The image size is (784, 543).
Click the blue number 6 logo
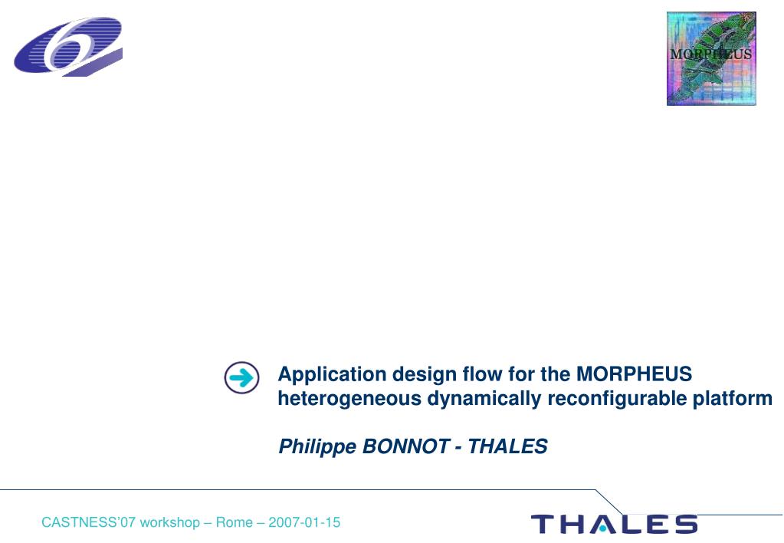(x=68, y=47)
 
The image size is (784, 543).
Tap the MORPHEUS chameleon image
(x=711, y=58)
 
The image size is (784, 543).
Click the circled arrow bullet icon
(x=242, y=377)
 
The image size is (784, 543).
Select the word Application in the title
(x=332, y=375)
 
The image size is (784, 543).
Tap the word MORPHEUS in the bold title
(x=634, y=374)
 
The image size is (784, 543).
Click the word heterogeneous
(x=349, y=400)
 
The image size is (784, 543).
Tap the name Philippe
(x=317, y=447)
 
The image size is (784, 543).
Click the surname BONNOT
(x=405, y=446)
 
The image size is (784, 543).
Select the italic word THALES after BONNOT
(x=507, y=446)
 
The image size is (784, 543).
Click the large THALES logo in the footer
(x=614, y=524)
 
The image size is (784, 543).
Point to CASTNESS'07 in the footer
(x=88, y=522)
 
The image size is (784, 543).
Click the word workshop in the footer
(x=170, y=523)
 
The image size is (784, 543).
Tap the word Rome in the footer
(x=234, y=522)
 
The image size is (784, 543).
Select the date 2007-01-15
(x=304, y=522)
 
